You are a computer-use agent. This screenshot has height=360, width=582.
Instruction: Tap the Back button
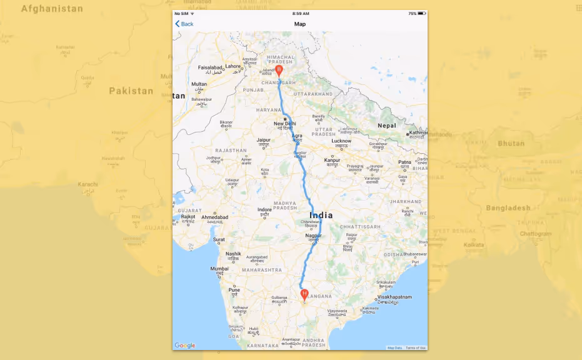tap(184, 24)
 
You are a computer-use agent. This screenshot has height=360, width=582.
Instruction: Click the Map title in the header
tap(300, 24)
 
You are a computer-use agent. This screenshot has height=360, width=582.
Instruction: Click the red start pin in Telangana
tap(304, 294)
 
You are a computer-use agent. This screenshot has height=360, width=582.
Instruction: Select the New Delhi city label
tap(284, 123)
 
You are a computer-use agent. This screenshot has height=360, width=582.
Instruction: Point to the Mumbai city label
tap(219, 269)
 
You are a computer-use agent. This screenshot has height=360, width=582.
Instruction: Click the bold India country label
tap(321, 216)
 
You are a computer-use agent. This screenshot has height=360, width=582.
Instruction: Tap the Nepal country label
tap(387, 126)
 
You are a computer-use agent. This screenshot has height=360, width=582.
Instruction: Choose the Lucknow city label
tap(341, 141)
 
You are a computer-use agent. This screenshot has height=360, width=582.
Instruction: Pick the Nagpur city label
tap(314, 236)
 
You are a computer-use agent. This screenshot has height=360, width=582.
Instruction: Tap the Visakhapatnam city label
tap(394, 297)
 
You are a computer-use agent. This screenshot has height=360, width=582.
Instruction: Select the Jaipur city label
tap(263, 140)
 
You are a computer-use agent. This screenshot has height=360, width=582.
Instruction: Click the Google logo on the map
tap(185, 346)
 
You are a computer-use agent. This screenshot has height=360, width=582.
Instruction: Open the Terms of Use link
tap(416, 347)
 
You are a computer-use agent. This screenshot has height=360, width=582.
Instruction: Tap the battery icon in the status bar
tap(421, 13)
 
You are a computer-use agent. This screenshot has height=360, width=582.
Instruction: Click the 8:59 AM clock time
tap(300, 13)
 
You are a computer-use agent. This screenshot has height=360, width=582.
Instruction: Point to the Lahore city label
tap(233, 66)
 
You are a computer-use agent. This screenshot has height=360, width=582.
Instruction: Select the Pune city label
tap(234, 290)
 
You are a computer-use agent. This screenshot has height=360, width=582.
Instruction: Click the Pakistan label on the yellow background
tap(131, 91)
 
